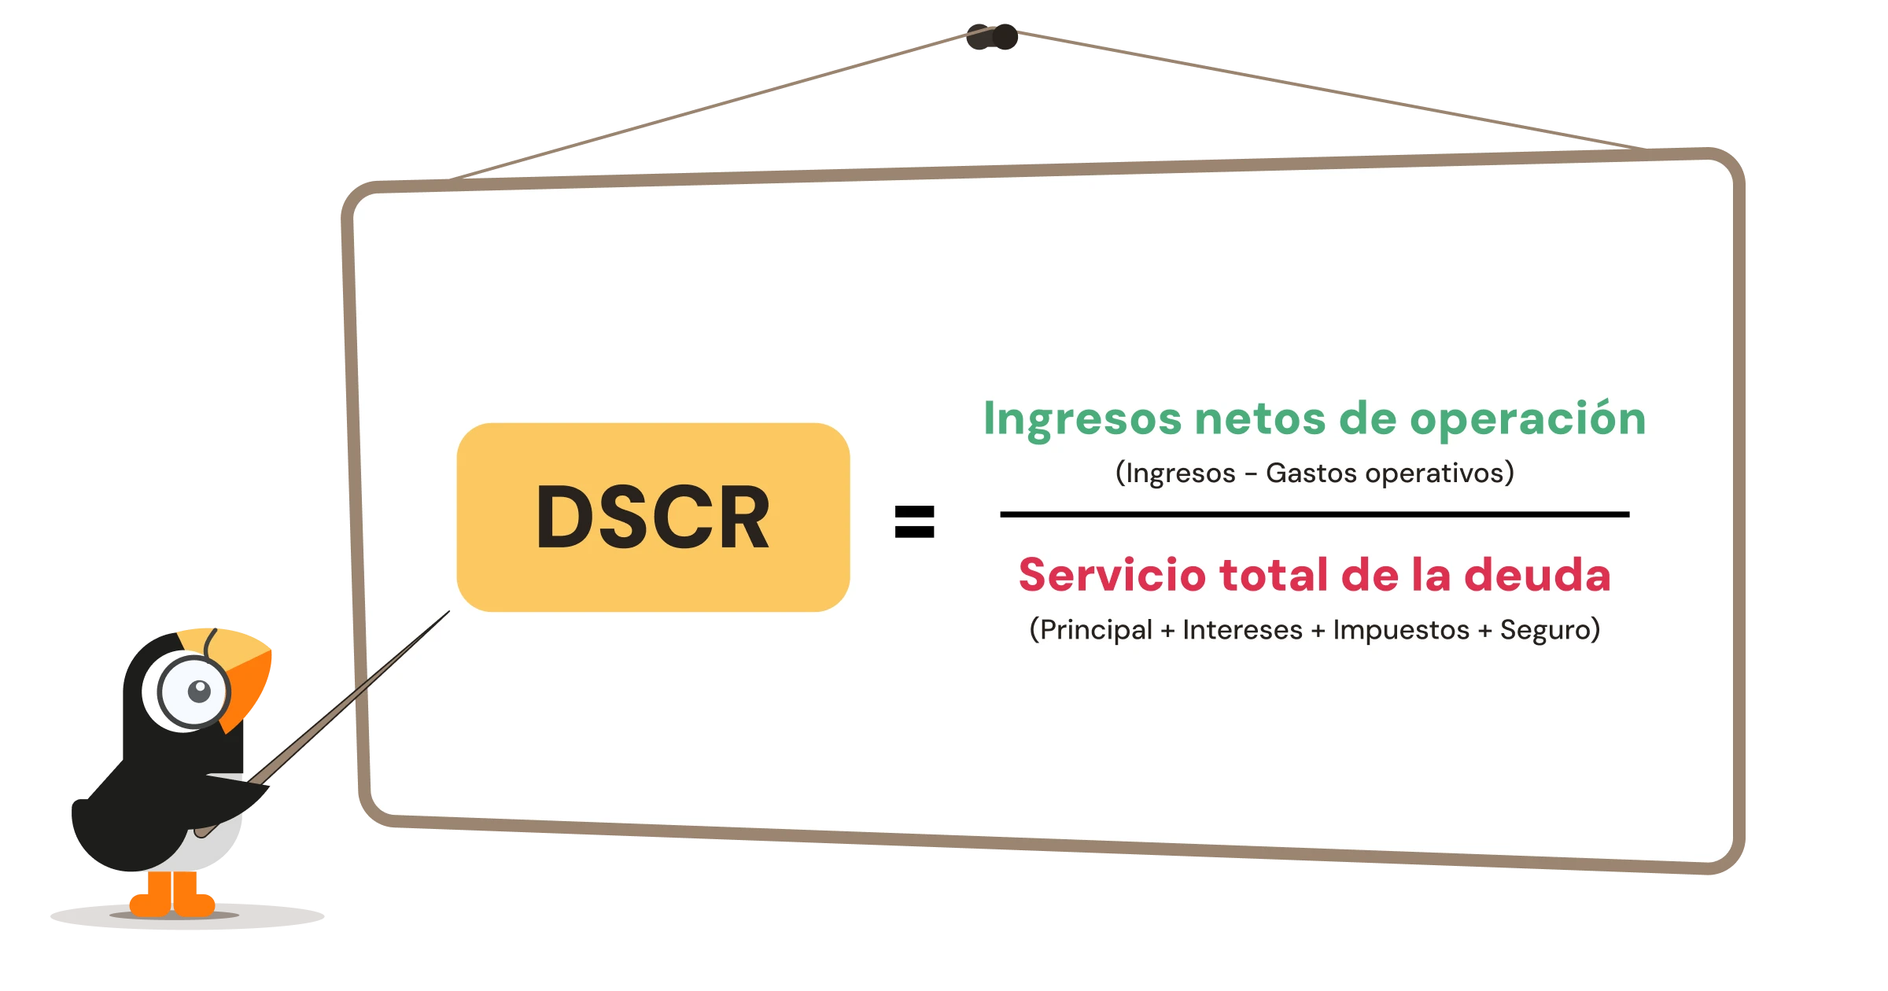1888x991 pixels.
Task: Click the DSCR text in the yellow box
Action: [653, 517]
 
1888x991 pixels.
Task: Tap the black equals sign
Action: [914, 521]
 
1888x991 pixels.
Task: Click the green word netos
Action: [1259, 418]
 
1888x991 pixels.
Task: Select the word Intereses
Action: [1242, 630]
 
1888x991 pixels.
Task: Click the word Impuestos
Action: [1400, 631]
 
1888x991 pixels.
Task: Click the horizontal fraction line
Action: [1314, 514]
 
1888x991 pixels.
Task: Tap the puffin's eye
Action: [199, 691]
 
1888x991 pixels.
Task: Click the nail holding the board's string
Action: [1003, 35]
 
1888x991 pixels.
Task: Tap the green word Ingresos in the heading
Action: [1082, 419]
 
